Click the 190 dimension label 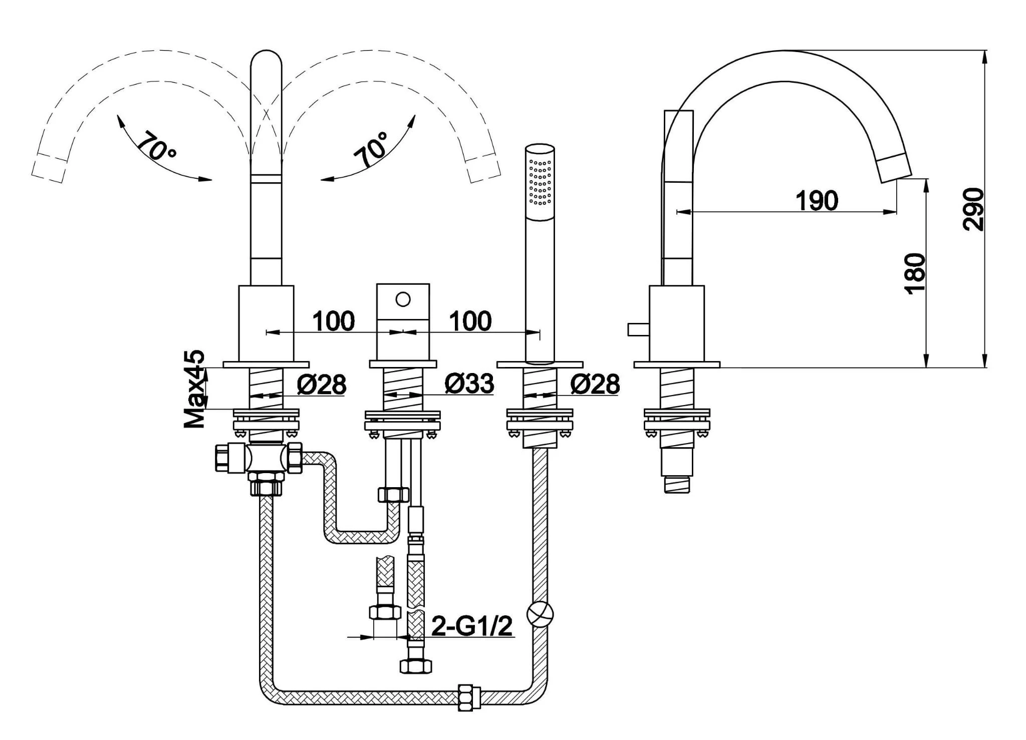(817, 201)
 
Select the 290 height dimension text (973, 209)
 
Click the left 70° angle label (155, 145)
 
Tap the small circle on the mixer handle (403, 300)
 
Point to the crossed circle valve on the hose (540, 614)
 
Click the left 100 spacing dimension (334, 321)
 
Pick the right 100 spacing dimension (470, 321)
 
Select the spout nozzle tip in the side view (895, 169)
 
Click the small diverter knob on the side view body (638, 330)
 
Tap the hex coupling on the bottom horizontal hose (470, 697)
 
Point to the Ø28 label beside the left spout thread (322, 385)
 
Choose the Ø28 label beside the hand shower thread (595, 385)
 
